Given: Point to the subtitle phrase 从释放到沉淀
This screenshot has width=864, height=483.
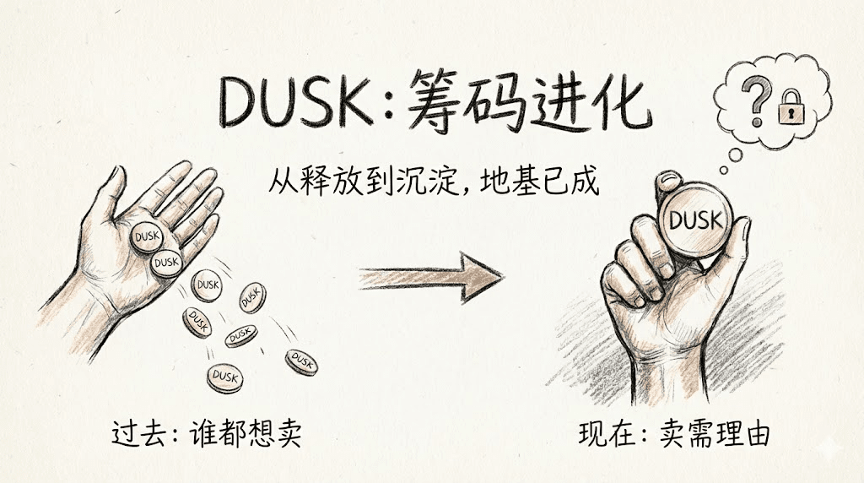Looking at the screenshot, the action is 364,181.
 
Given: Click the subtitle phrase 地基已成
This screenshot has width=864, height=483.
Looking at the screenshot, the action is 539,181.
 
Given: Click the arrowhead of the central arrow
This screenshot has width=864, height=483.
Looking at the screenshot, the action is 482,277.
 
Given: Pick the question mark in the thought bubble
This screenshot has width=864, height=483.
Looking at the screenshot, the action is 755,100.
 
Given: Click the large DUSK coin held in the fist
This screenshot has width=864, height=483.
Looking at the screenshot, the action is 696,220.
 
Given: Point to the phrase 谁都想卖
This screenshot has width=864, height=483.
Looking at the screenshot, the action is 246,434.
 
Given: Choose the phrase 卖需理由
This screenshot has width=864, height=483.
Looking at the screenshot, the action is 715,434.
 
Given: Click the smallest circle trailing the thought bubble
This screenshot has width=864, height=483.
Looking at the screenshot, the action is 723,171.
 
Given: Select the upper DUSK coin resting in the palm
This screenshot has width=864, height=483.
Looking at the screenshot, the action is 147,236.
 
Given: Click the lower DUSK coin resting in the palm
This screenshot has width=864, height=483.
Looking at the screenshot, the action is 166,263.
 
